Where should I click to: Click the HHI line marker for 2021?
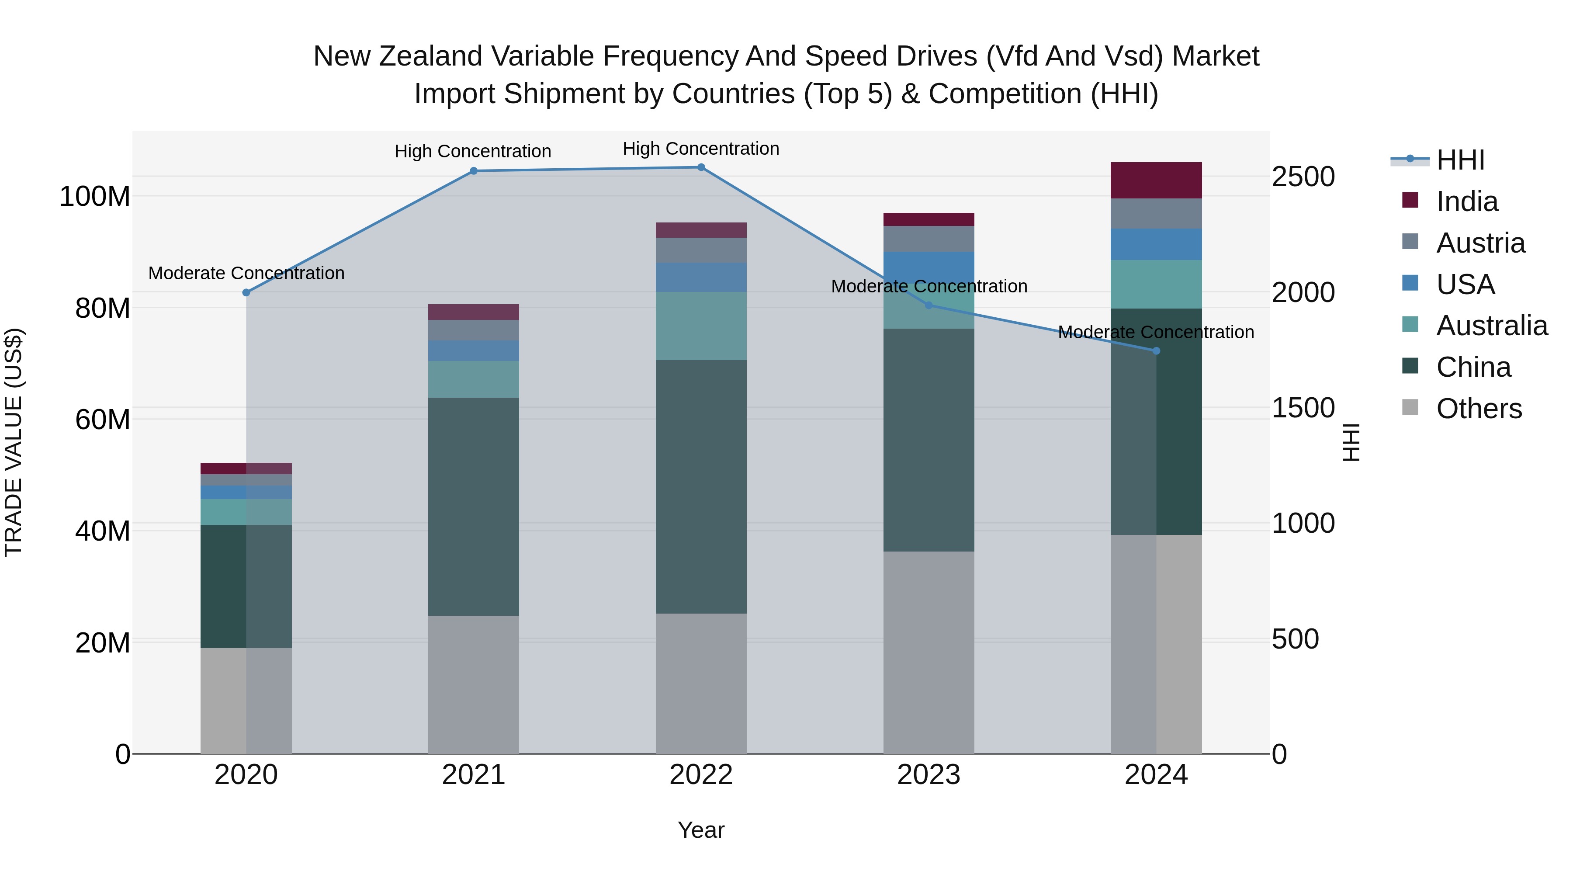(x=473, y=171)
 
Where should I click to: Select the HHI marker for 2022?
(x=701, y=167)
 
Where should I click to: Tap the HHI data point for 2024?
(x=1156, y=351)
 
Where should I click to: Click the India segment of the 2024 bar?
(x=1156, y=180)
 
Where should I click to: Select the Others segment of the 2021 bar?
(x=473, y=684)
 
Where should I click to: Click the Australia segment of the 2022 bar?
(x=701, y=326)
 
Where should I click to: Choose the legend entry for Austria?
(x=1480, y=243)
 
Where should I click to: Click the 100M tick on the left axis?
(x=95, y=197)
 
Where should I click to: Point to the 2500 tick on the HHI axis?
(x=1303, y=177)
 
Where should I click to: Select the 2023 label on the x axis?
(x=929, y=775)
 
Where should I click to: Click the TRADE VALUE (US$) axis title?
(x=14, y=442)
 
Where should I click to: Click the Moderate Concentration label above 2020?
(x=246, y=273)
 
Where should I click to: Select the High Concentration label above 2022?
(x=701, y=149)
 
